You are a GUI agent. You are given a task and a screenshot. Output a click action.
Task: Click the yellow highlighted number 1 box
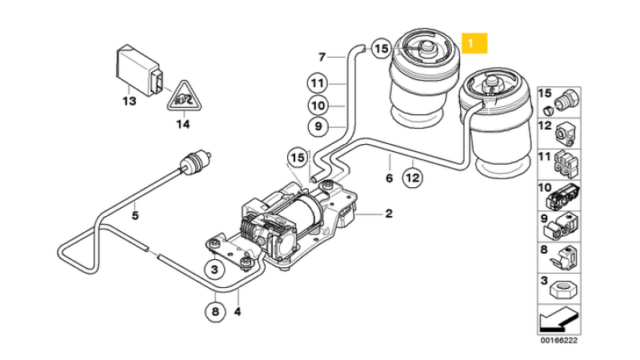coord(474,43)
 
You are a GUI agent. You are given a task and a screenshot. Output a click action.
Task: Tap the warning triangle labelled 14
coord(183,98)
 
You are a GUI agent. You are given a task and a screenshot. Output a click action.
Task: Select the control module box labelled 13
coord(138,72)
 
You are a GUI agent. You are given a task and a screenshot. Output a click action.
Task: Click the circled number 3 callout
coord(214,269)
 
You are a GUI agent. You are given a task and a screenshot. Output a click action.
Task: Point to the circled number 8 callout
coord(215,312)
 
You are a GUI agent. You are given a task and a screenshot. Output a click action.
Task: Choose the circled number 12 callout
coord(413,178)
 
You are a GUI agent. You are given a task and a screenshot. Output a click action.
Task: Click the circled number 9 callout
coord(318,126)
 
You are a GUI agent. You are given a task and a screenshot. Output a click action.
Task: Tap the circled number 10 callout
coord(318,106)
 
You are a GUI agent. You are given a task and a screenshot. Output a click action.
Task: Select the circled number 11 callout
coord(317,84)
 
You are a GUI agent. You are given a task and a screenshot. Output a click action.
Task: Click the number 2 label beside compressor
coord(389,213)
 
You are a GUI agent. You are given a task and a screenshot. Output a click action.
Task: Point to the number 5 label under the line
coord(135,214)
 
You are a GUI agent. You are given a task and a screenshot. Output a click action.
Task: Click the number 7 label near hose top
coord(322,57)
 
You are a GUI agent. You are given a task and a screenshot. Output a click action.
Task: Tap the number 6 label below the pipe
coord(389,178)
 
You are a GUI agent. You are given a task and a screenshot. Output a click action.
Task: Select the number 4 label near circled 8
coord(238,312)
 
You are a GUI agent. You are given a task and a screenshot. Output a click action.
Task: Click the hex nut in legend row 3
coord(565,291)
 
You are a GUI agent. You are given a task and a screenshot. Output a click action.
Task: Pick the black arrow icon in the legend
coord(558,320)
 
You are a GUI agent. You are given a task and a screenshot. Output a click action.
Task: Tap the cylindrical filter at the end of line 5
coord(194,162)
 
